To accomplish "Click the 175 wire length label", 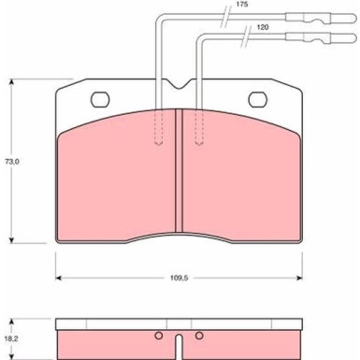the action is (242, 5).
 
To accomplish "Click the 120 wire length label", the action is (262, 27).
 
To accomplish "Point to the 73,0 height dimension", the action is (12, 162).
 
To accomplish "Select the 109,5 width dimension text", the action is (179, 278).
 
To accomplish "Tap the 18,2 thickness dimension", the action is (12, 339).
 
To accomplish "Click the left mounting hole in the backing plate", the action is (100, 99).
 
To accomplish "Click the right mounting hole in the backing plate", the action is (258, 99).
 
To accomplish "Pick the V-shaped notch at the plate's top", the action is (179, 84).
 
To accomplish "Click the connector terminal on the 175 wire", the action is (321, 18).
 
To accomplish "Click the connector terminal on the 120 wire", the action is (321, 38).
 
